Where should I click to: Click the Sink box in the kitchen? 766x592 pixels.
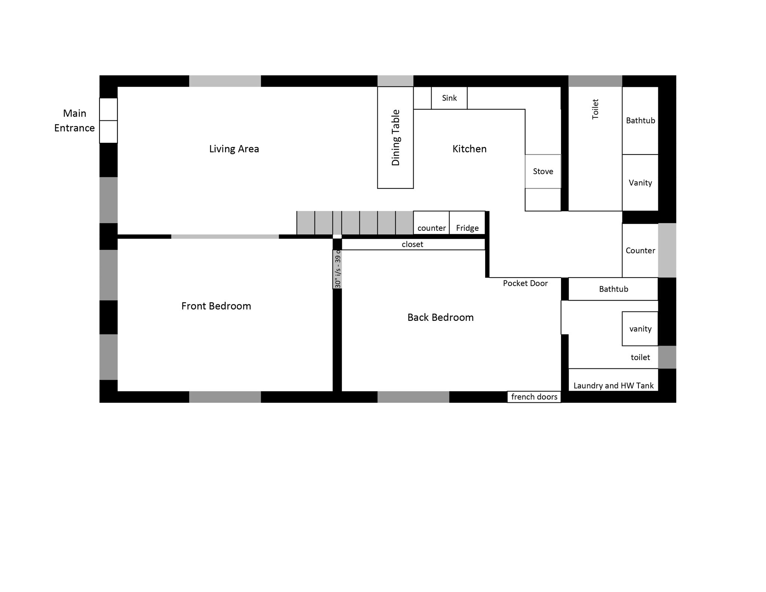click(x=449, y=98)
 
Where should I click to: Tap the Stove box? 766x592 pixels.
click(x=543, y=171)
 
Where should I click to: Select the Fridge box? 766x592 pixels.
click(x=467, y=223)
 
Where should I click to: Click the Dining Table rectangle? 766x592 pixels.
click(x=395, y=138)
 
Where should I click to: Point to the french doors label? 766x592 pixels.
click(x=534, y=397)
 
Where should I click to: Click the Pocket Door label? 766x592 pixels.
click(x=525, y=283)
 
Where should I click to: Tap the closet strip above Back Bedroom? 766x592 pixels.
click(x=413, y=244)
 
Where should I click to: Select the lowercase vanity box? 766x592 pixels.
click(x=640, y=329)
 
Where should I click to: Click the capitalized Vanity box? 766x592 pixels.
click(x=640, y=182)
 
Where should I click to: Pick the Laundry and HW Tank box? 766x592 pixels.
click(x=613, y=380)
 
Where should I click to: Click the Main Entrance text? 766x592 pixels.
click(x=74, y=120)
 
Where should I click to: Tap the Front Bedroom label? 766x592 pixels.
click(x=216, y=306)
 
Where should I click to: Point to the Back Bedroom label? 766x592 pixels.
click(x=440, y=317)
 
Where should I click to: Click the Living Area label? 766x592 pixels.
click(x=234, y=149)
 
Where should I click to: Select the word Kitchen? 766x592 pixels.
click(x=469, y=149)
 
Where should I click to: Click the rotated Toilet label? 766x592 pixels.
click(x=595, y=109)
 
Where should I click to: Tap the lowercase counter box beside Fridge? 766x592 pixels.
click(x=431, y=223)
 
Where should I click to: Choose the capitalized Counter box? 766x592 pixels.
click(x=640, y=251)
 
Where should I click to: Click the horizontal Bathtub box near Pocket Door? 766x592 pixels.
click(x=613, y=289)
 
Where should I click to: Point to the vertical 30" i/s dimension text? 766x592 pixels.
click(x=337, y=269)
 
